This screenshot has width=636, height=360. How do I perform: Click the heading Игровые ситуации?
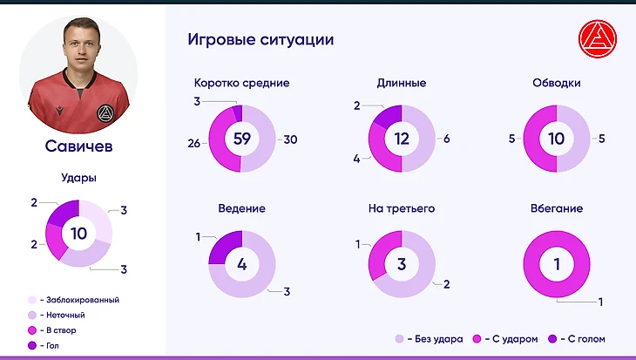coord(260,40)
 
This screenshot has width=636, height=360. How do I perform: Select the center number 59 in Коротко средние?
coord(242,139)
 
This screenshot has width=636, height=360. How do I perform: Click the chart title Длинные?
coord(401,84)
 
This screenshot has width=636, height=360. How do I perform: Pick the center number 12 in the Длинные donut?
coord(402,139)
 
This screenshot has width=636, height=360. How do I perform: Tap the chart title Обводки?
coord(557,84)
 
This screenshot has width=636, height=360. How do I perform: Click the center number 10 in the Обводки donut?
coord(557,139)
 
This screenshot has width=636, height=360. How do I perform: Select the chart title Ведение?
coord(242,209)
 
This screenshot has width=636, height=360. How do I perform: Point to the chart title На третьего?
coord(402,209)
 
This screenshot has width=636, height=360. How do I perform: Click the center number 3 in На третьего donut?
coord(402,264)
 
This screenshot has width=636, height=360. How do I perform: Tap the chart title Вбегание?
coord(557,209)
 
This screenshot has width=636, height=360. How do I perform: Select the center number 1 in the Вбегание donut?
coord(557,264)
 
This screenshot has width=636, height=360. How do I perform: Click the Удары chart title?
coord(79,178)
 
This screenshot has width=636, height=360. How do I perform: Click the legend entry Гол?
coord(53,345)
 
